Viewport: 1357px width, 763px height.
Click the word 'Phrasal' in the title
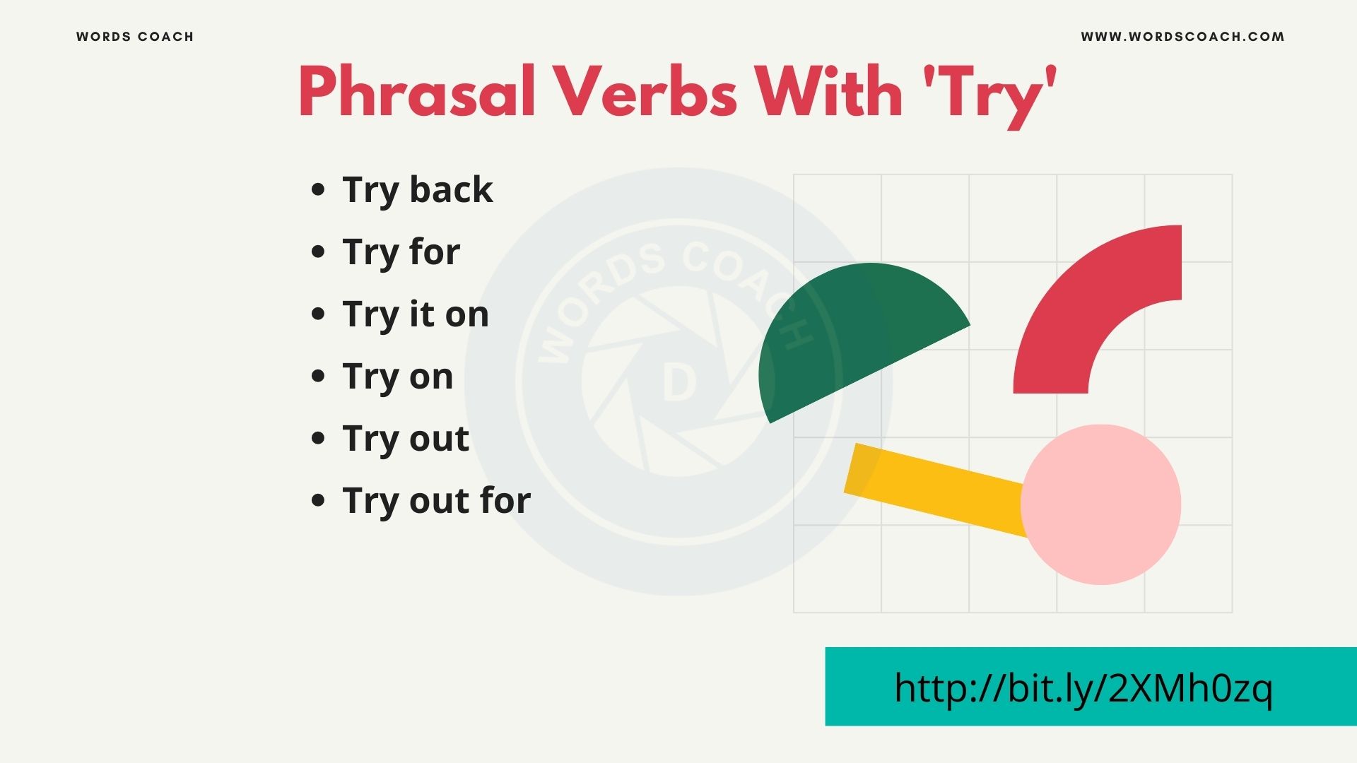[x=417, y=92]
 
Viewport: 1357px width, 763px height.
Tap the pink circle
[x=1101, y=504]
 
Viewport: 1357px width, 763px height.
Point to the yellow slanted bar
[x=933, y=487]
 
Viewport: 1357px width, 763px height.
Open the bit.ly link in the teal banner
[x=1083, y=687]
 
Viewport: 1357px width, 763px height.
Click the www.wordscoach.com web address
[x=1182, y=37]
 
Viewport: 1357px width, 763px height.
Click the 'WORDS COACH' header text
[x=135, y=37]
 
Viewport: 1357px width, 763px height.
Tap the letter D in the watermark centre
[x=679, y=384]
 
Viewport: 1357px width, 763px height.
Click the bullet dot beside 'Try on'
[x=318, y=376]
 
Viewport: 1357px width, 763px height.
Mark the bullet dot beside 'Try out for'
[x=318, y=500]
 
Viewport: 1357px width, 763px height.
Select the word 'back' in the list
[x=451, y=189]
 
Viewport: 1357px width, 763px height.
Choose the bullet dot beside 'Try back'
[x=318, y=189]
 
